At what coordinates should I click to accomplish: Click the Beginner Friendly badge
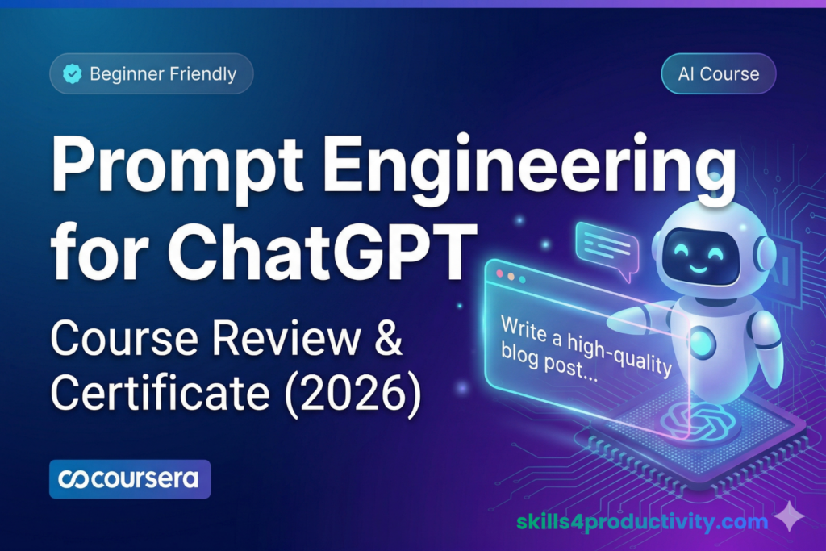[x=152, y=75]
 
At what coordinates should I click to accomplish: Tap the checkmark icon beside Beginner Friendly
[x=72, y=75]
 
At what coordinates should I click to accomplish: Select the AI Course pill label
[x=718, y=74]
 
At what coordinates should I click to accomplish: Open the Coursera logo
[x=130, y=479]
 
